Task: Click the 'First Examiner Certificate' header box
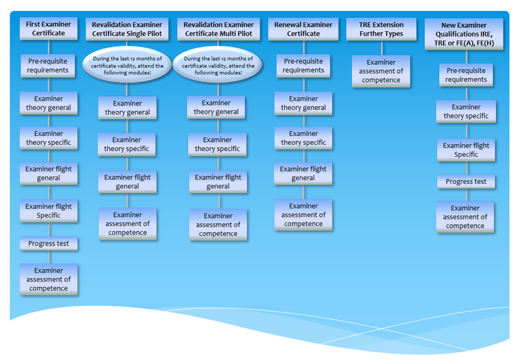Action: click(x=49, y=28)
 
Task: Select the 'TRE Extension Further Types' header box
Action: click(x=381, y=29)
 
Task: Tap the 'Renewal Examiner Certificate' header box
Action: click(x=303, y=29)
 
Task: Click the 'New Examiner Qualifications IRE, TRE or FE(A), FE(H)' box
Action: click(x=464, y=34)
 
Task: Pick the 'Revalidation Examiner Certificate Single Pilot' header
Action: click(x=127, y=29)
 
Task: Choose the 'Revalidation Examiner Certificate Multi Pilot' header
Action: click(x=218, y=29)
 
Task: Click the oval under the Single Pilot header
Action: click(x=127, y=65)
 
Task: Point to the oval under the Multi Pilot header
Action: click(x=218, y=65)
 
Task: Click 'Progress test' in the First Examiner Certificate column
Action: click(x=49, y=244)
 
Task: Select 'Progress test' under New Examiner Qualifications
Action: click(x=466, y=182)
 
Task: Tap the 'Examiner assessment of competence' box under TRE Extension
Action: click(x=381, y=71)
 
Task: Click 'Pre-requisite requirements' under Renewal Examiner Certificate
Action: click(x=303, y=66)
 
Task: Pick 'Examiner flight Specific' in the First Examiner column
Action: click(x=49, y=211)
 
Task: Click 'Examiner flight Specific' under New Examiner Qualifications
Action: click(x=466, y=150)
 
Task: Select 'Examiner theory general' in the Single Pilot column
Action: click(x=127, y=108)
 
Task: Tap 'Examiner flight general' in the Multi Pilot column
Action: click(x=218, y=182)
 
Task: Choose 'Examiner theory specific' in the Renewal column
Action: click(x=303, y=138)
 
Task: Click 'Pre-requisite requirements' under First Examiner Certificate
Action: click(x=48, y=66)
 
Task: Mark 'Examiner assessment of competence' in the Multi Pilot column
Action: click(x=218, y=225)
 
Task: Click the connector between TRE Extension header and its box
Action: click(x=382, y=48)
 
